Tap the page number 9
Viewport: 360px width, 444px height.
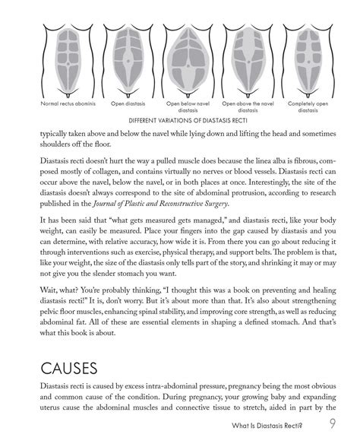click(334, 424)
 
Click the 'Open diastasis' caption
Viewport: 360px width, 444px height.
click(119, 102)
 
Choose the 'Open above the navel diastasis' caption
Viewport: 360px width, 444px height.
click(244, 105)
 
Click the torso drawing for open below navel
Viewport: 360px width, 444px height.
click(181, 61)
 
